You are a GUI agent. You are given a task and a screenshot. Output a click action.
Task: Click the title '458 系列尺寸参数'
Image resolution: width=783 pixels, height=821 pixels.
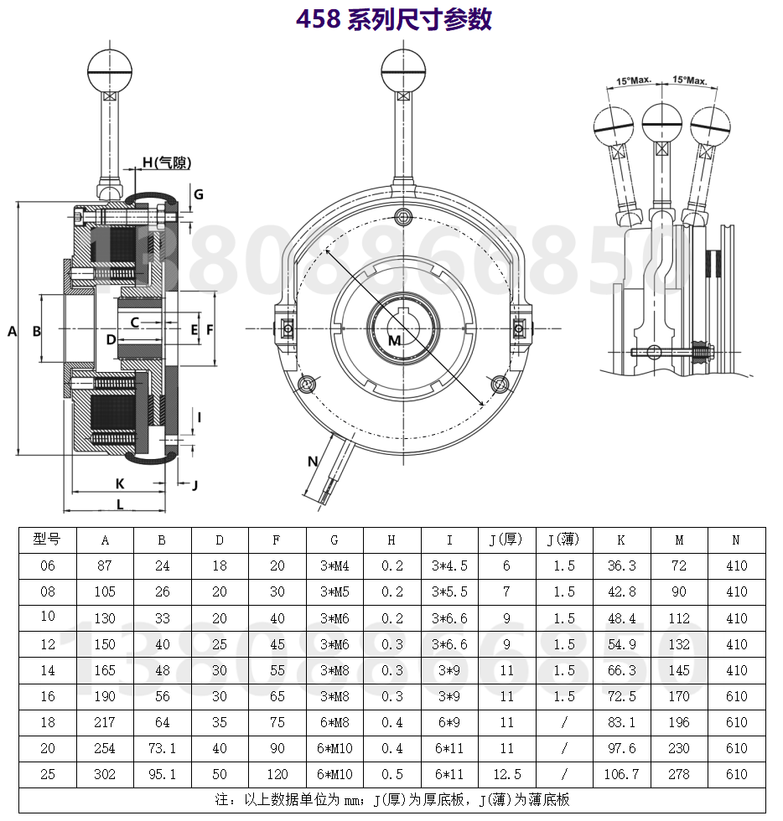[x=394, y=18]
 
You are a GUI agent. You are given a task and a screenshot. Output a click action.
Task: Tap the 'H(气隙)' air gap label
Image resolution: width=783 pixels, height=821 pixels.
[x=167, y=163]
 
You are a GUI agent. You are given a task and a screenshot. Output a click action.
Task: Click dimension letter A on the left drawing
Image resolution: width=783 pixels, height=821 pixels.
[x=12, y=332]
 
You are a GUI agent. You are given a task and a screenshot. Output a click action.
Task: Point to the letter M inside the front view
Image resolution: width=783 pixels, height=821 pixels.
[x=395, y=341]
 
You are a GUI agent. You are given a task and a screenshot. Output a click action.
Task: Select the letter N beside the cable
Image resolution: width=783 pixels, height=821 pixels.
[x=313, y=462]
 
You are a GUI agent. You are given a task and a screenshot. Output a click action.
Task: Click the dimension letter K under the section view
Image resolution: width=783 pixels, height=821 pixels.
[x=120, y=484]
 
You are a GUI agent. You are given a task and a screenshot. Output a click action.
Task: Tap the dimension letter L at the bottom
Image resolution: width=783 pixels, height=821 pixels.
[x=120, y=504]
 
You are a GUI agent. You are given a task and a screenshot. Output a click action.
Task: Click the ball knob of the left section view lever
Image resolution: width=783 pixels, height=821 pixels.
[x=110, y=70]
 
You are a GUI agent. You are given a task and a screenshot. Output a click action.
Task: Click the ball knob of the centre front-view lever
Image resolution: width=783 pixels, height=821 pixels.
[x=403, y=70]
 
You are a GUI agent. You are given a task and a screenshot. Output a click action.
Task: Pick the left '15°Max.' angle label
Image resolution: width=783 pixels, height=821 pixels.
[x=634, y=80]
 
